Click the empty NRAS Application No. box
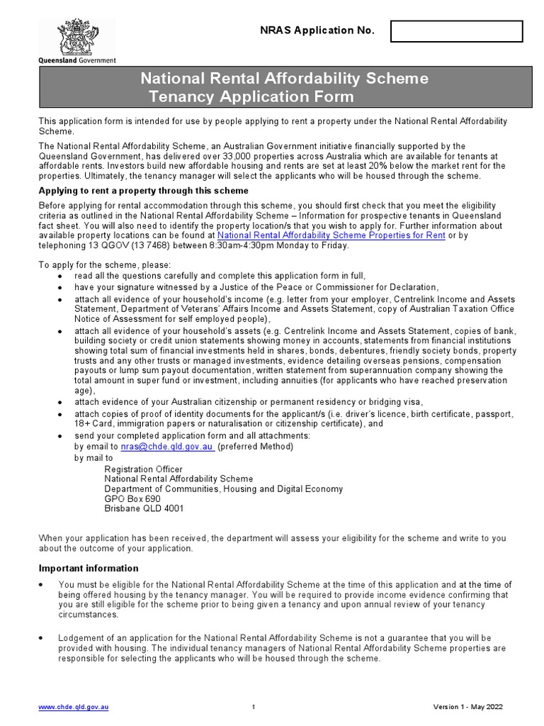pyautogui.click(x=456, y=31)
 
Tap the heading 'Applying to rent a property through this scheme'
pyautogui.click(x=143, y=191)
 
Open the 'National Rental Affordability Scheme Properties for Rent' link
pyautogui.click(x=331, y=235)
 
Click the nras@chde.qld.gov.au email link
pyautogui.click(x=167, y=447)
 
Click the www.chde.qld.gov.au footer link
pyautogui.click(x=74, y=708)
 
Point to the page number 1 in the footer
pyautogui.click(x=254, y=708)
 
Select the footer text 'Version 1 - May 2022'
pyautogui.click(x=468, y=708)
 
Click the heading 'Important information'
pyautogui.click(x=89, y=569)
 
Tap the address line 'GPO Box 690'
pyautogui.click(x=132, y=499)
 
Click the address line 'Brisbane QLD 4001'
pyautogui.click(x=144, y=509)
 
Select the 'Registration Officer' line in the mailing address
pyautogui.click(x=143, y=469)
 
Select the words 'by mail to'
pyautogui.click(x=93, y=458)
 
